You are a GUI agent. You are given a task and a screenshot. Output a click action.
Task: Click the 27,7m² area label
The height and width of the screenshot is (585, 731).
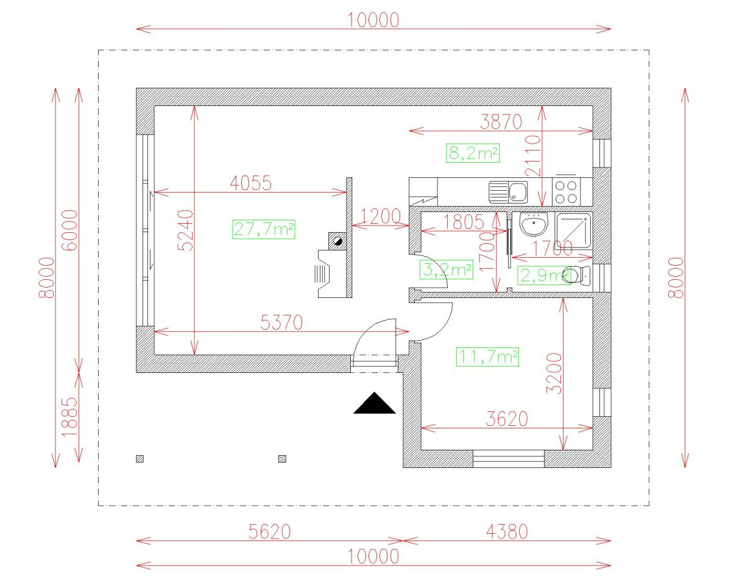264,229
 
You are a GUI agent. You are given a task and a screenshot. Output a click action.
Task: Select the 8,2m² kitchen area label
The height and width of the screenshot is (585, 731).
473,154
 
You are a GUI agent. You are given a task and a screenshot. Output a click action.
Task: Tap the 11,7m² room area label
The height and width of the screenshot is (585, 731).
487,356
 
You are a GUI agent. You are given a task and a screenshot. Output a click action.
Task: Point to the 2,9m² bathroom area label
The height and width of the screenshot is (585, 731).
543,276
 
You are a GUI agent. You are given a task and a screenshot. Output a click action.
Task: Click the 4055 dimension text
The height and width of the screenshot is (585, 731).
250,183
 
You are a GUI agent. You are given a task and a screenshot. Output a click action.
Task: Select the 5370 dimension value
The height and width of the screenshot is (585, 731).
281,322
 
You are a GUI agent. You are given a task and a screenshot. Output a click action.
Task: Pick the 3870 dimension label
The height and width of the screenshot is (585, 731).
501,122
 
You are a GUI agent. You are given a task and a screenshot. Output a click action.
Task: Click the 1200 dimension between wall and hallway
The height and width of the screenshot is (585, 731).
381,216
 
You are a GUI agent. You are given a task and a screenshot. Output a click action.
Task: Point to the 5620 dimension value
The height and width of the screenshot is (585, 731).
269,532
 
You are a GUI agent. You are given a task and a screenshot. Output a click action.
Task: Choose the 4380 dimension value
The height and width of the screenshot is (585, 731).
506,532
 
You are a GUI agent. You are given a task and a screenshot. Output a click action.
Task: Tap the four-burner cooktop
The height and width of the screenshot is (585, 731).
567,192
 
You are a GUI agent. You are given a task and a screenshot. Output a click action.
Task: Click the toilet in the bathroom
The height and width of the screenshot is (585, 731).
579,276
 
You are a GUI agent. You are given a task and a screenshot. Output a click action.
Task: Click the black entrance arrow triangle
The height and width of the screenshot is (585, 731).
375,404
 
